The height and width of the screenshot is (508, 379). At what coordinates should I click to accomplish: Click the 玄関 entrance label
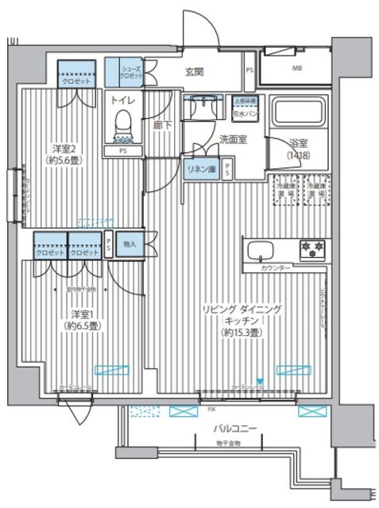point(196,72)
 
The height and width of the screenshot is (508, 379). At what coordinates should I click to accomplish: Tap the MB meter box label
point(296,68)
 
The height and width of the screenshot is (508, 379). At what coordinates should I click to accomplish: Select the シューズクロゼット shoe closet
point(131,72)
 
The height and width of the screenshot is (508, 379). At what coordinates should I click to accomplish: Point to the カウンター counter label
point(275,268)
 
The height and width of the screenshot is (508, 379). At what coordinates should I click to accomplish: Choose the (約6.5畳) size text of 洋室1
point(82,325)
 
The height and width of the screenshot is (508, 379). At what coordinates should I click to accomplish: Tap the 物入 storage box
point(130,244)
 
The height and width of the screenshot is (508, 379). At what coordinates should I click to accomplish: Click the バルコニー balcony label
point(234,428)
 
